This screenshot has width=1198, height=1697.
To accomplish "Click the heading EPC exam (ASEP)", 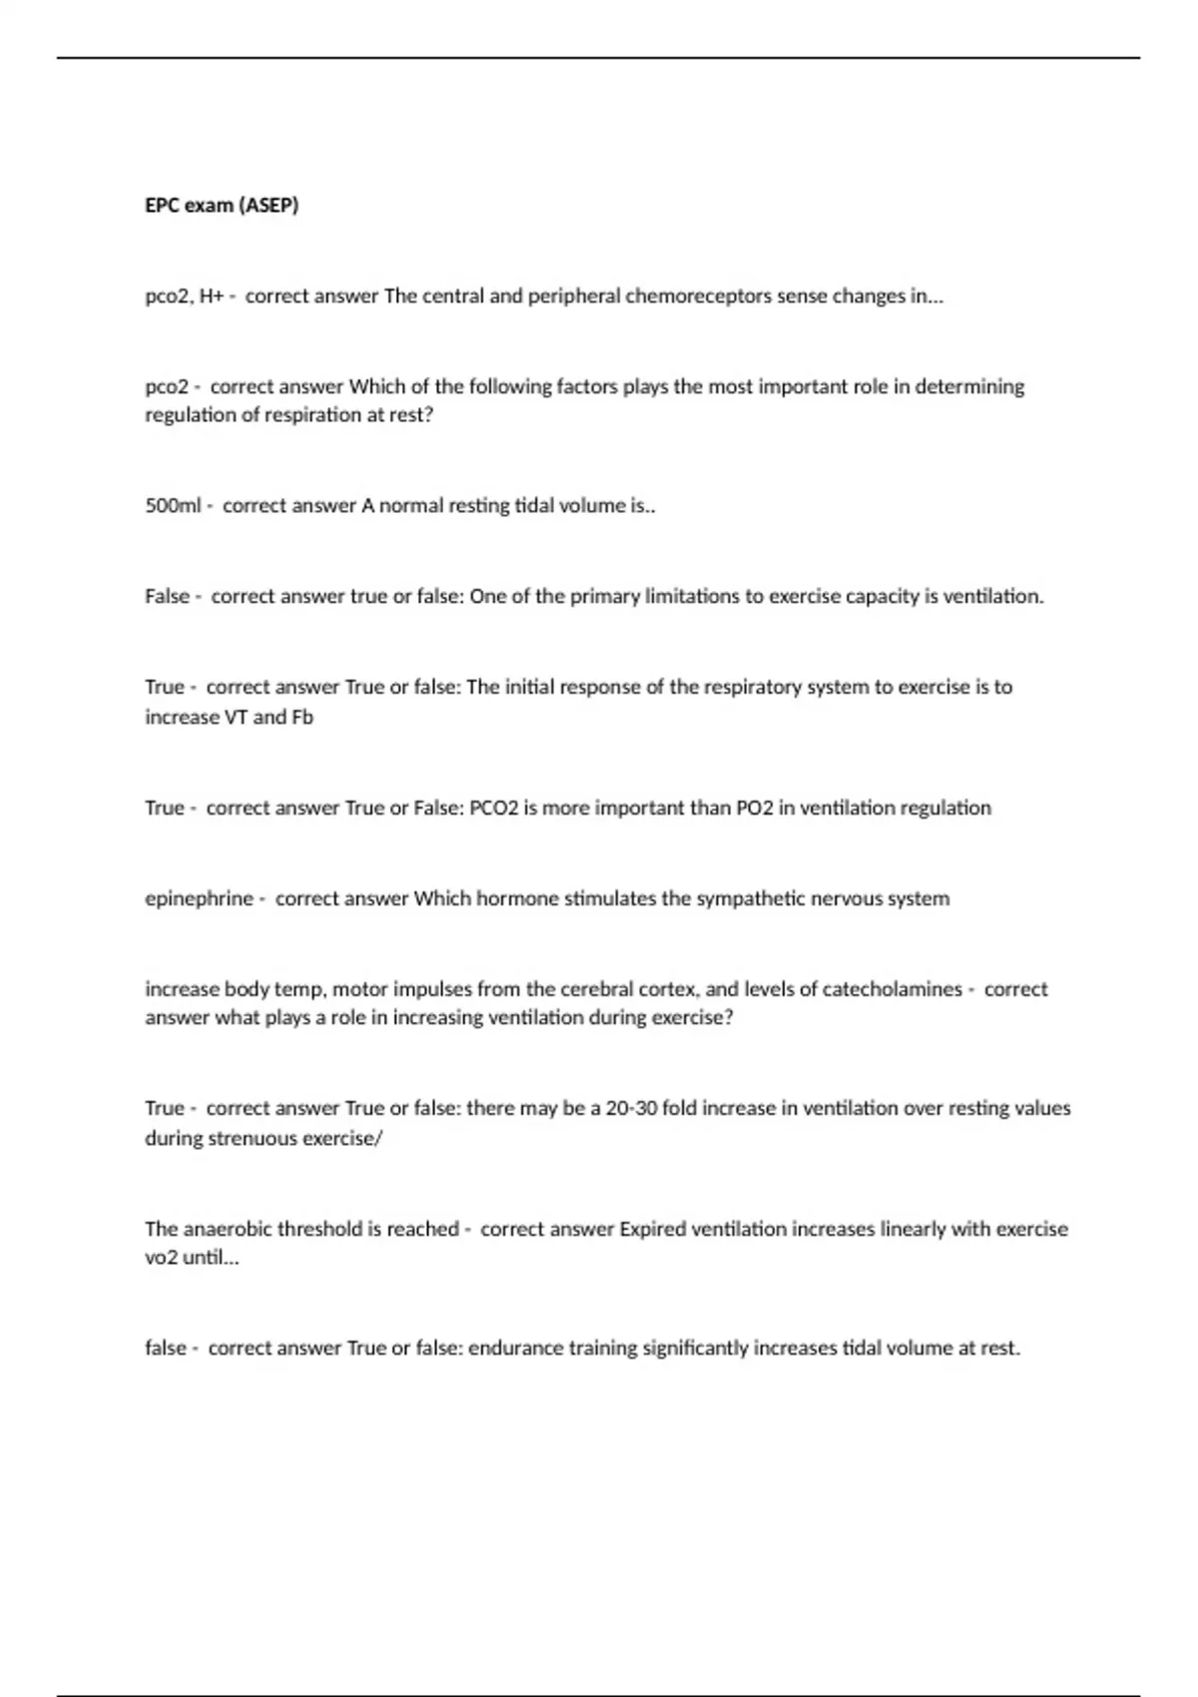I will click(x=222, y=206).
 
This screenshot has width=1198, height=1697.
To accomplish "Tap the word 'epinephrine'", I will click(x=199, y=898).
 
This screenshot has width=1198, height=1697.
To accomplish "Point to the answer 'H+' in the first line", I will click(x=211, y=296).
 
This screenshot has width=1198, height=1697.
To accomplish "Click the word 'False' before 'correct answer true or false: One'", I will click(x=167, y=597).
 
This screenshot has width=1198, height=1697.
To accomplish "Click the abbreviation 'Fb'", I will click(x=301, y=718).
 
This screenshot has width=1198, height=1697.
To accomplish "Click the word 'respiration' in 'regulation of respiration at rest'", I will click(x=312, y=415).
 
